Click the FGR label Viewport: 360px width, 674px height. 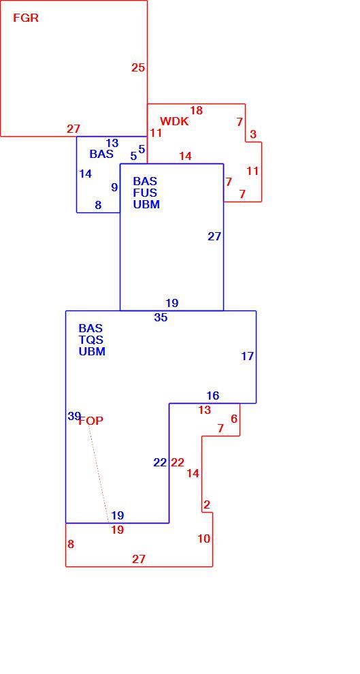pos(26,18)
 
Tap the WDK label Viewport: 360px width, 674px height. pos(174,121)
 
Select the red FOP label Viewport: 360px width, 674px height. pos(91,421)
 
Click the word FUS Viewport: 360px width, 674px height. pos(145,193)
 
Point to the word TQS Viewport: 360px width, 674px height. pos(91,340)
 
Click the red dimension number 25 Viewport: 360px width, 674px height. pos(138,67)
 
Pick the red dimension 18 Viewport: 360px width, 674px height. pos(196,110)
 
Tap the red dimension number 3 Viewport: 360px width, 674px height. pos(253,134)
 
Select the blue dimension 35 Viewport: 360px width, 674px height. pos(161,318)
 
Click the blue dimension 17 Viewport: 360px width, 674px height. pos(248,356)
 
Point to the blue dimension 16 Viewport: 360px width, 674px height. pos(212,396)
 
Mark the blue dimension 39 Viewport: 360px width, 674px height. pos(74,416)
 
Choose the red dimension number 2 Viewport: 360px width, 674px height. pos(207,504)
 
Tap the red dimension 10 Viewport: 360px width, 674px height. pos(204,538)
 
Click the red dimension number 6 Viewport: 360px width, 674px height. pos(234,419)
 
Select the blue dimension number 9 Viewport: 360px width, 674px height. pos(114,187)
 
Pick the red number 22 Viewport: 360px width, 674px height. pos(178,462)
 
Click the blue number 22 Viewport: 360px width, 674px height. pos(160,462)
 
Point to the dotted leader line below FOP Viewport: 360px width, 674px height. pos(99,474)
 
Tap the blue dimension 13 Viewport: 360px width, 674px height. pos(112,143)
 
